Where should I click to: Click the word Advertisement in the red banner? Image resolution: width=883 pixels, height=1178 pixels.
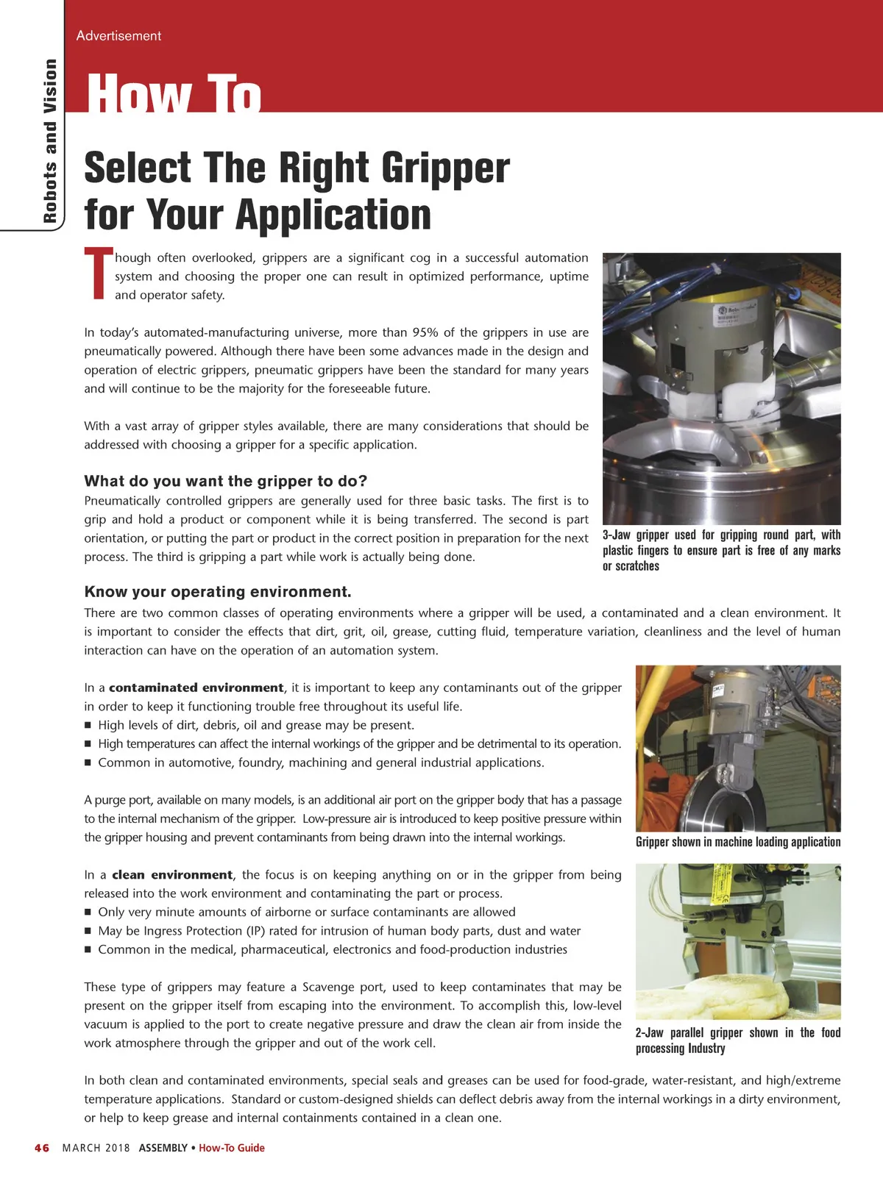[118, 36]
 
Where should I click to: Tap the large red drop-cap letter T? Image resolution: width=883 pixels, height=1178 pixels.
[99, 273]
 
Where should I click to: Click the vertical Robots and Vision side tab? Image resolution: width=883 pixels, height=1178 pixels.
[50, 140]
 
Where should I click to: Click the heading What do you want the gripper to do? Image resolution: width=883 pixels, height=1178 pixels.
[225, 481]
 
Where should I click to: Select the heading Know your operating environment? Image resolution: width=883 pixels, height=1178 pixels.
[218, 591]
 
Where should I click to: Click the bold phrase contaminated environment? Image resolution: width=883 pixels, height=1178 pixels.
[196, 688]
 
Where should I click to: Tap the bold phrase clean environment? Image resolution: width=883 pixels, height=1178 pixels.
[172, 875]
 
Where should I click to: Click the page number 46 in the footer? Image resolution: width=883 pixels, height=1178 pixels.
[42, 1147]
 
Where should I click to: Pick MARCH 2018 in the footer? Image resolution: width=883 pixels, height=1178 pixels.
[96, 1147]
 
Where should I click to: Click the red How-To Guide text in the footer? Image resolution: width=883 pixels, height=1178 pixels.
[232, 1147]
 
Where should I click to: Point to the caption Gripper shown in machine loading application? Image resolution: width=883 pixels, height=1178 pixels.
[738, 841]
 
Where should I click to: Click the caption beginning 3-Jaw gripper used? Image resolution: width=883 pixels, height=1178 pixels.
[721, 550]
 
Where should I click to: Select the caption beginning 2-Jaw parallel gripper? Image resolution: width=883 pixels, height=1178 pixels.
[738, 1040]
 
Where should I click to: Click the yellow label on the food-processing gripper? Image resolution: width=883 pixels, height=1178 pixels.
[719, 885]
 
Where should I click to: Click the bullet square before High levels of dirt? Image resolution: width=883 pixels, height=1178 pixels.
[88, 726]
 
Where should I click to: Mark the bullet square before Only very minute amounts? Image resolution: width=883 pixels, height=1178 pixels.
[88, 913]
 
